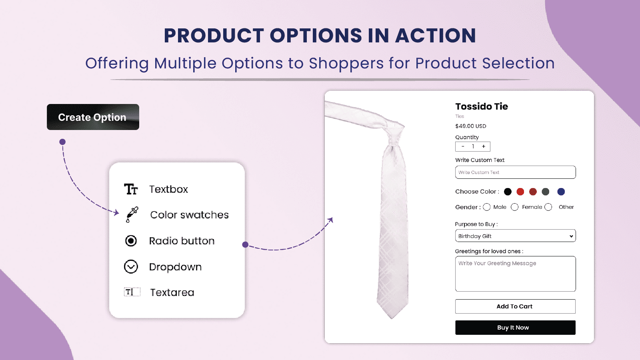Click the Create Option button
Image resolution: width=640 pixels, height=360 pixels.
click(x=93, y=117)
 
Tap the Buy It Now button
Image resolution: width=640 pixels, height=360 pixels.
click(x=515, y=328)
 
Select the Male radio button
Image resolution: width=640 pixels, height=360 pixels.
click(x=486, y=207)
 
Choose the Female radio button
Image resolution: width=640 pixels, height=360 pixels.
click(x=514, y=207)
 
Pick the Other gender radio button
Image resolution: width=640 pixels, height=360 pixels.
click(x=548, y=207)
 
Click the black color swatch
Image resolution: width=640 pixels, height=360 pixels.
click(x=508, y=192)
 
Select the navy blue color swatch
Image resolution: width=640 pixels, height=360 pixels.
click(x=561, y=192)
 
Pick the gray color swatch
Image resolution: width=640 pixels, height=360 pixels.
click(x=546, y=192)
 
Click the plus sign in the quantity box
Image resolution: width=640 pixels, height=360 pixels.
click(x=484, y=146)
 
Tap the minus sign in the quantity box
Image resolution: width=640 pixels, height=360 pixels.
click(x=463, y=146)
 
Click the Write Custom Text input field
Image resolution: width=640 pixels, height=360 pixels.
click(x=516, y=172)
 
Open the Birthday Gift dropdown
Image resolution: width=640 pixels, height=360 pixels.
click(x=516, y=236)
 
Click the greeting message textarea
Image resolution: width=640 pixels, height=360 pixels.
click(x=516, y=274)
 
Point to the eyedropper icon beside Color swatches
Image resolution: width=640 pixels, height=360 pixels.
click(x=132, y=214)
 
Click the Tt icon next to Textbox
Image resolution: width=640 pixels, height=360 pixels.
click(x=131, y=189)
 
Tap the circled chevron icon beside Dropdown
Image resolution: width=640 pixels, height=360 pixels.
click(x=131, y=267)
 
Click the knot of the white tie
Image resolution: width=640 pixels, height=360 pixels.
click(x=394, y=132)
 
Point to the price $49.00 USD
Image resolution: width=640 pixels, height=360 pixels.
click(x=470, y=126)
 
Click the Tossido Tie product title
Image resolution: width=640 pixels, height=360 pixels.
click(x=482, y=106)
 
